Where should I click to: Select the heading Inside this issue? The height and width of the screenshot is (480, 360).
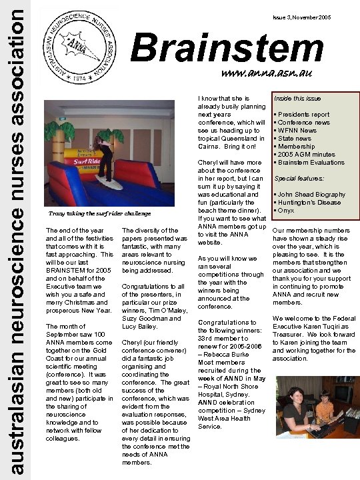pyautogui.click(x=298, y=99)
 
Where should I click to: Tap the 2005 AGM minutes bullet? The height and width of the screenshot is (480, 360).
pyautogui.click(x=306, y=155)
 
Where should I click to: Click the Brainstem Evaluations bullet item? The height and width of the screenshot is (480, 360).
pyautogui.click(x=313, y=163)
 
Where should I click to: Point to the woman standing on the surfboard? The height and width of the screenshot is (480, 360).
pyautogui.click(x=105, y=157)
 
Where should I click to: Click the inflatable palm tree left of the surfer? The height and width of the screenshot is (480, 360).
pyautogui.click(x=61, y=140)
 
